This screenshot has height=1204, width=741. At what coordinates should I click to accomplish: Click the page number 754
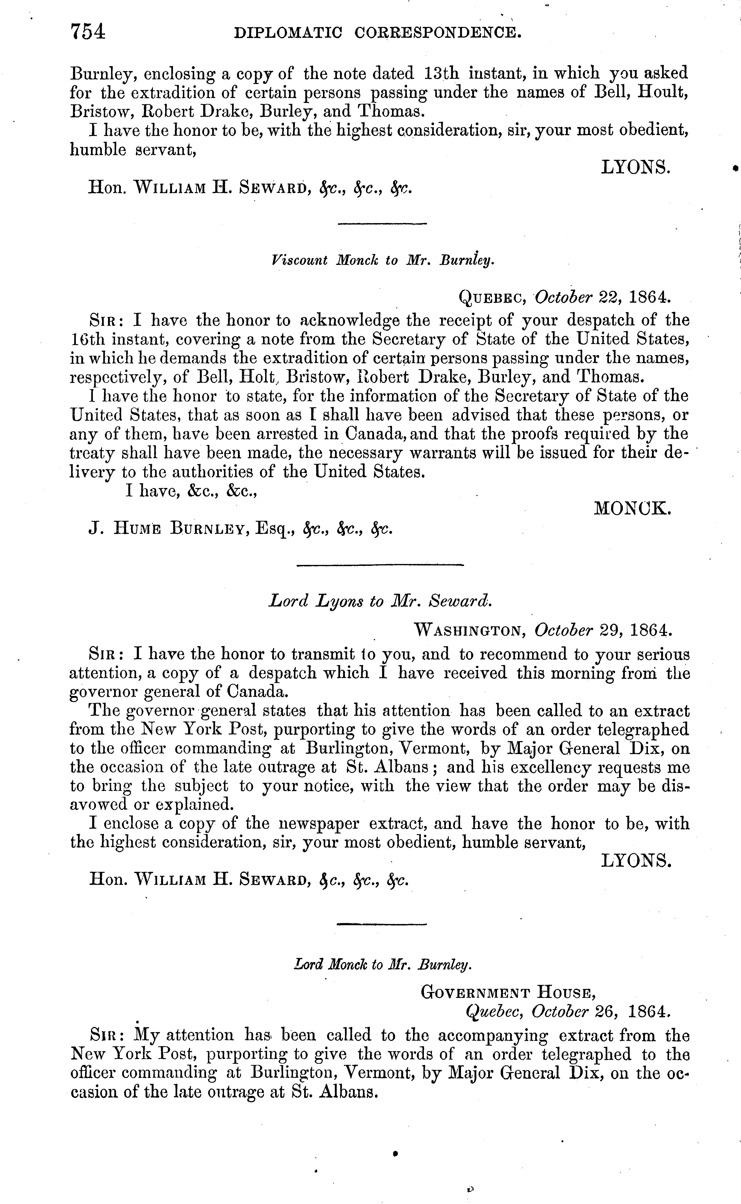pyautogui.click(x=88, y=32)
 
